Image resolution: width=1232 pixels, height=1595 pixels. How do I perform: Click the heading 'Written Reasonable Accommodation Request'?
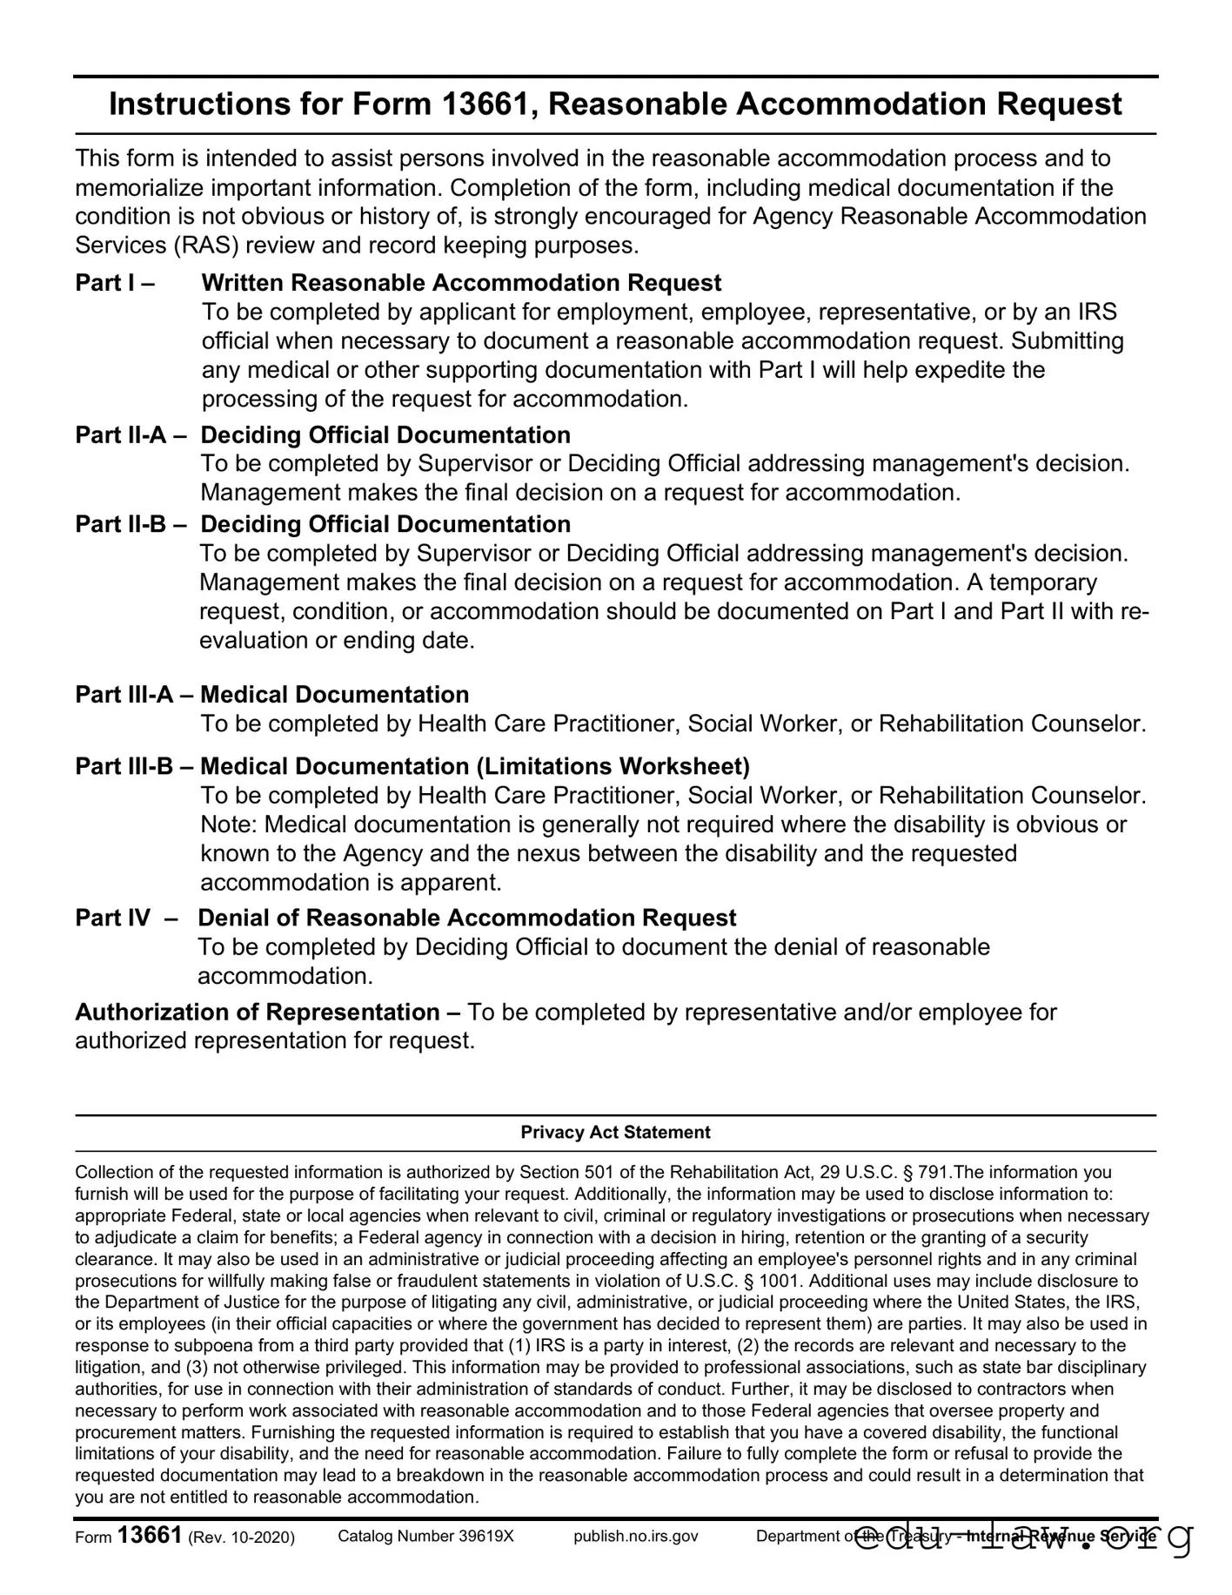[461, 283]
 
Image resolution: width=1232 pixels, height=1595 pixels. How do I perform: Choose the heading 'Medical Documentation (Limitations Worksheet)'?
[474, 766]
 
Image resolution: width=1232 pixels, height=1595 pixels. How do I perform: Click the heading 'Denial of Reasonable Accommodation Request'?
[467, 918]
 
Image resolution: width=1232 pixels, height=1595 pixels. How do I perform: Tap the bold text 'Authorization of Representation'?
[258, 1012]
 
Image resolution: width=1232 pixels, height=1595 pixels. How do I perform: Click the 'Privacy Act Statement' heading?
[615, 1132]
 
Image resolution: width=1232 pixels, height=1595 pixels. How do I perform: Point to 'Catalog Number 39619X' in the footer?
[425, 1536]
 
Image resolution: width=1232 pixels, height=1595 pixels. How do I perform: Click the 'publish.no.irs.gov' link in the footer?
[636, 1536]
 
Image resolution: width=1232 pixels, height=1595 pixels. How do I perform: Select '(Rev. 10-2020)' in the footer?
[241, 1537]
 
